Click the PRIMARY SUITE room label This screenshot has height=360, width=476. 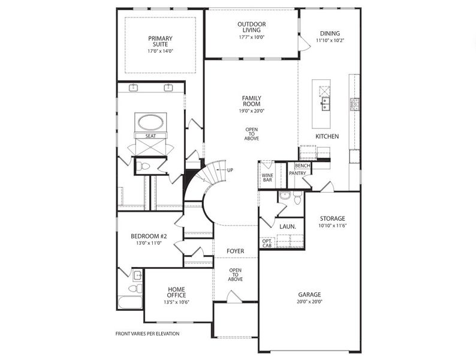(160, 42)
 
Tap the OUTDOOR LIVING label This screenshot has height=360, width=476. (251, 27)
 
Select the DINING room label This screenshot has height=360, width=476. (330, 34)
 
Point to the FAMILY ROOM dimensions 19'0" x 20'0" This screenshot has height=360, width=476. (251, 110)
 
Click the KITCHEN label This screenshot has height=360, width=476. (327, 137)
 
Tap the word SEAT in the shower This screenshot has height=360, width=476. (150, 136)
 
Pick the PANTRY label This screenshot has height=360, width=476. (297, 173)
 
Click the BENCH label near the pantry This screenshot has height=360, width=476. (302, 166)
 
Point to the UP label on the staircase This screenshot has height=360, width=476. (229, 170)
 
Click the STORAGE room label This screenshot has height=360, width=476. (332, 218)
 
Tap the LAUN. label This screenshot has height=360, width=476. (286, 226)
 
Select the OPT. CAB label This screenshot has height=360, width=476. (267, 242)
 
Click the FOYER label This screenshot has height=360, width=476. (235, 250)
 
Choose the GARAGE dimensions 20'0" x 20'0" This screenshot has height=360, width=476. (310, 302)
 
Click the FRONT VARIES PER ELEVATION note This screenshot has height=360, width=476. (147, 334)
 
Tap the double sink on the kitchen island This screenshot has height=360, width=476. (326, 106)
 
